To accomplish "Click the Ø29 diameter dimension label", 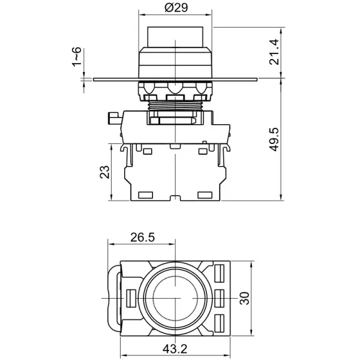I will [175, 8].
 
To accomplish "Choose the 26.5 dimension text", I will [142, 238].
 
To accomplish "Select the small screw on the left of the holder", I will [112, 118].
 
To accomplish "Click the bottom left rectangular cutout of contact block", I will [146, 195].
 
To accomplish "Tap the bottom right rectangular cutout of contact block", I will [204, 195].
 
